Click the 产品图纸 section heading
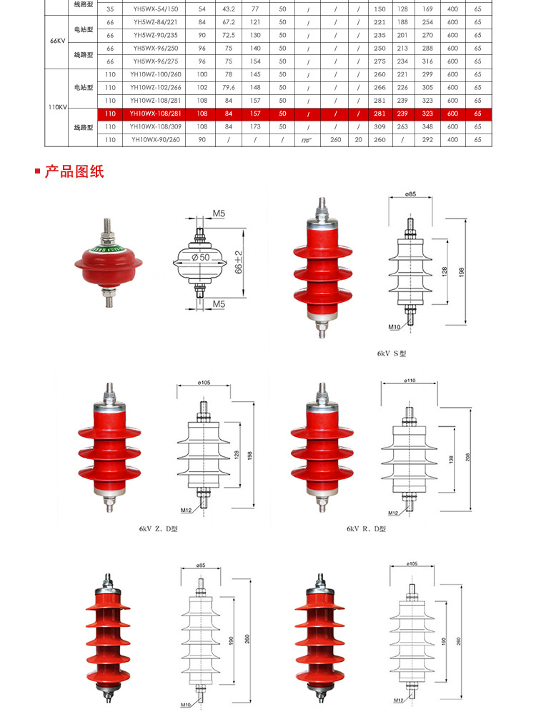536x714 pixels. (x=74, y=171)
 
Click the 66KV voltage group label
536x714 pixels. (x=58, y=41)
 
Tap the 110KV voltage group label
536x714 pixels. (x=58, y=107)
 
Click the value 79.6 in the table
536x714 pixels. (x=228, y=88)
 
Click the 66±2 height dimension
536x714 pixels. (x=239, y=263)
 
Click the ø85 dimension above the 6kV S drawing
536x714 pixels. (x=410, y=195)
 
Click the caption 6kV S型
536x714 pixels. (x=392, y=353)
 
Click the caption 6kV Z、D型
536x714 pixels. (x=158, y=529)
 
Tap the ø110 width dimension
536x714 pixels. (x=410, y=381)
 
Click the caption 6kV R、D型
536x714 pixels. (x=366, y=529)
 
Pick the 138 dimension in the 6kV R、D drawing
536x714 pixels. (x=450, y=459)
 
